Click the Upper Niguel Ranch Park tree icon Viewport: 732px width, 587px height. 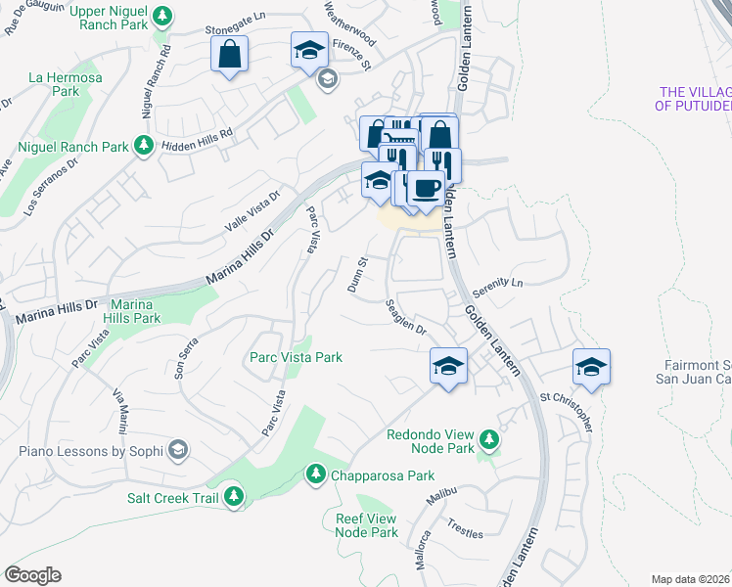pyautogui.click(x=163, y=16)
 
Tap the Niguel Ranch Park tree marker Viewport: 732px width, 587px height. pyautogui.click(x=144, y=147)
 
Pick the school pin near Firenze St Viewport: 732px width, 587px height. pyautogui.click(x=310, y=50)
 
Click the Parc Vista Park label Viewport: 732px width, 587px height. pyautogui.click(x=296, y=357)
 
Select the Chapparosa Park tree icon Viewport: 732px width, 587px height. pyautogui.click(x=315, y=475)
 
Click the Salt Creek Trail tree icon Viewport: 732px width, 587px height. pyautogui.click(x=233, y=497)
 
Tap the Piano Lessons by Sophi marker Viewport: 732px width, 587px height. pyautogui.click(x=177, y=451)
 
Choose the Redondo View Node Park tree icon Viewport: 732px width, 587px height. pyautogui.click(x=488, y=441)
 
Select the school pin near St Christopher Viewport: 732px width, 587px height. pyautogui.click(x=591, y=367)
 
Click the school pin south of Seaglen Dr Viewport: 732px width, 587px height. pyautogui.click(x=448, y=367)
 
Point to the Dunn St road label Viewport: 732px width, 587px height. pyautogui.click(x=356, y=276)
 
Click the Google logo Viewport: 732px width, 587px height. pyautogui.click(x=32, y=575)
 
